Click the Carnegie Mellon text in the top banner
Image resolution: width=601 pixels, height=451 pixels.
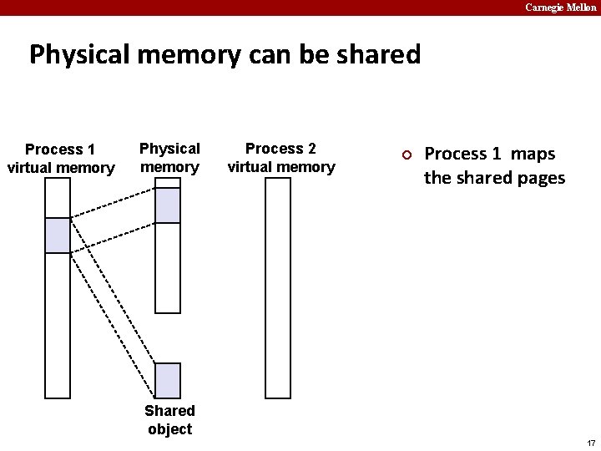click(560, 8)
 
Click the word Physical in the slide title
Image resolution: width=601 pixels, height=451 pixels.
click(76, 55)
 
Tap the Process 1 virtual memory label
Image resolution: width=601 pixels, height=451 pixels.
click(60, 159)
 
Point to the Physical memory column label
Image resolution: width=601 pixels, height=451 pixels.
click(169, 158)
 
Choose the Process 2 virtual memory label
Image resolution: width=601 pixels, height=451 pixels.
click(280, 158)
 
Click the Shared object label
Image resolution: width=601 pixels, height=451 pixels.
click(169, 419)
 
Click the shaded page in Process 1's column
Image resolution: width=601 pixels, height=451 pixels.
click(58, 235)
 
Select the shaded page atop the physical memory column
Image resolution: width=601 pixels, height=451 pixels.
click(168, 205)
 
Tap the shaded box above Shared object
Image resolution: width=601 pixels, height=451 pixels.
click(168, 380)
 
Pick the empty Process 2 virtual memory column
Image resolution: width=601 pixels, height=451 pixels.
click(278, 288)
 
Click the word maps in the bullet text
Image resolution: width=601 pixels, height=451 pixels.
click(533, 154)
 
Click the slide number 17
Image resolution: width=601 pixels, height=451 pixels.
click(591, 443)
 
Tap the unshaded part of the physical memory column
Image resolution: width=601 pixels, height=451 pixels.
click(168, 267)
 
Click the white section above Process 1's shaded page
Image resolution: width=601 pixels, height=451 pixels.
click(58, 198)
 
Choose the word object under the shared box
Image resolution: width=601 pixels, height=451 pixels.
click(169, 429)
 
